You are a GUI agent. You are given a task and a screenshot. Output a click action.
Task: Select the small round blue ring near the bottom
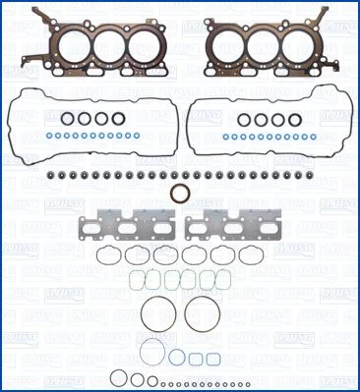click(179, 357)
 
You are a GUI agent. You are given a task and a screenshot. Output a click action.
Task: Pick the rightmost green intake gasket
click(208, 282)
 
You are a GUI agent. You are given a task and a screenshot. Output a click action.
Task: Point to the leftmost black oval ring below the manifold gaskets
click(110, 256)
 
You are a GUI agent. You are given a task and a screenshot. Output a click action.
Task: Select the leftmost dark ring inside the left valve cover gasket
click(68, 120)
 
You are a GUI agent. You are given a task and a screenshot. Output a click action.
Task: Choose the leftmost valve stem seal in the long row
click(49, 176)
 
